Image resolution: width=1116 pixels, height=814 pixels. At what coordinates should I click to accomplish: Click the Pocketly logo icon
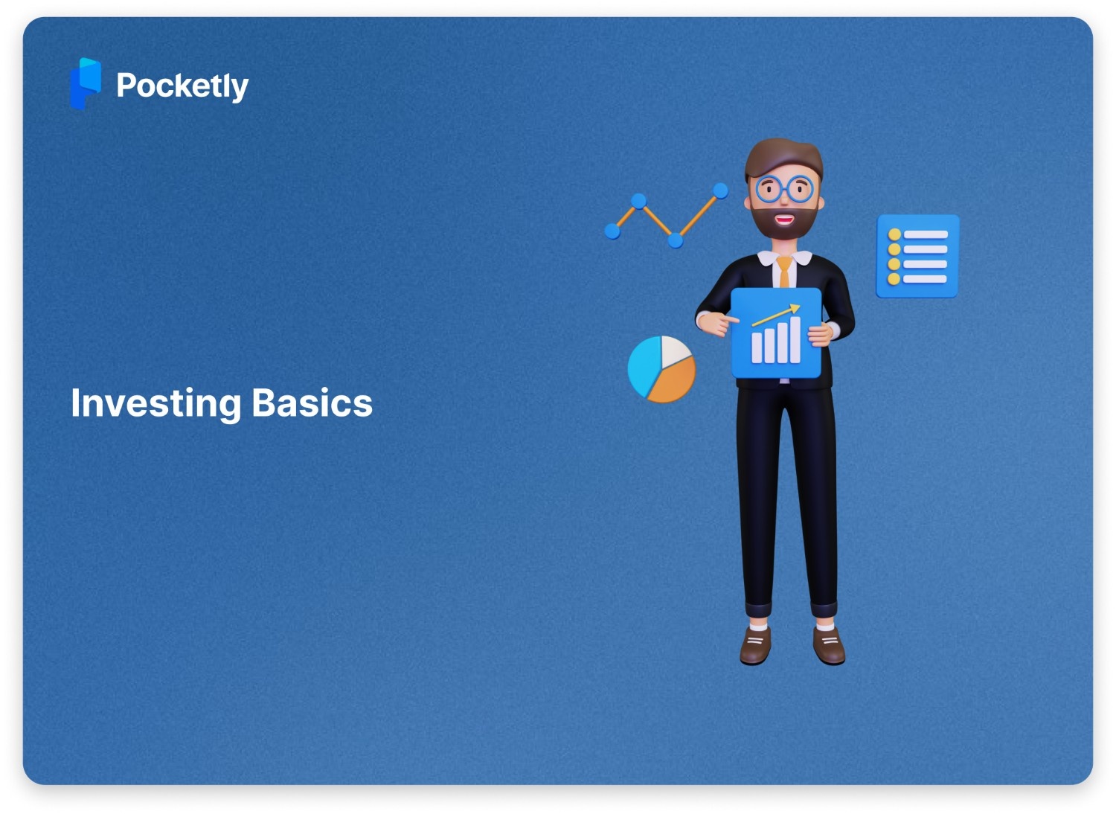tap(85, 84)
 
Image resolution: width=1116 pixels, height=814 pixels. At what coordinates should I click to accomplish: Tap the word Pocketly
tap(182, 86)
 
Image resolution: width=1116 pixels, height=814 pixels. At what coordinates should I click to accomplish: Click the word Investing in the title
tap(155, 404)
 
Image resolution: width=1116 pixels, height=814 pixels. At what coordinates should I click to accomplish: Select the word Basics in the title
tap(312, 403)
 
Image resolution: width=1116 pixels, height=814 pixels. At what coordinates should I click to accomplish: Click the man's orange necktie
tap(784, 272)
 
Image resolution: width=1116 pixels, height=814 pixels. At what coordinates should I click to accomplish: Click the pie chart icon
tap(661, 369)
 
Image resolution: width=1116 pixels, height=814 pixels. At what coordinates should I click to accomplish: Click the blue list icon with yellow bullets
tap(918, 256)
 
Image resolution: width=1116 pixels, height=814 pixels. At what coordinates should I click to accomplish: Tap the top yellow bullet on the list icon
tap(894, 235)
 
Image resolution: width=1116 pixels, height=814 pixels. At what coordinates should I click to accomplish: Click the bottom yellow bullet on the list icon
tap(894, 279)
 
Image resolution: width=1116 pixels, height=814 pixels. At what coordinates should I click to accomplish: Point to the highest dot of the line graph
tap(720, 191)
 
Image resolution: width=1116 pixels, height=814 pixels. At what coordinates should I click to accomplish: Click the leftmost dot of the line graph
tap(612, 231)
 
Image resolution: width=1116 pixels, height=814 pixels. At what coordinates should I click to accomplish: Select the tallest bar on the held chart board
tap(795, 340)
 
